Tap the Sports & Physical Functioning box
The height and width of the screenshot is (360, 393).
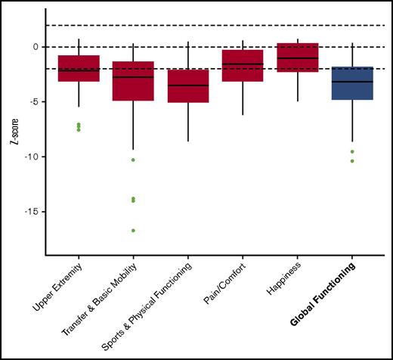188,85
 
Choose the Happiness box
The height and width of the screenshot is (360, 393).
298,57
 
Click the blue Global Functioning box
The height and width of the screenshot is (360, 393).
352,83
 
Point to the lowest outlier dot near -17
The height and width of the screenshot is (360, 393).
133,230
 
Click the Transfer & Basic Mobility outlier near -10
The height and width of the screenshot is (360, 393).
133,160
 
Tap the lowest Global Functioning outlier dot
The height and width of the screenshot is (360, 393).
352,160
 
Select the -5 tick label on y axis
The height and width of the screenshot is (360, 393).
33,101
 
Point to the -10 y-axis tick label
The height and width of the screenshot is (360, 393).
31,157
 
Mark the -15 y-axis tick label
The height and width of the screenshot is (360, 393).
31,212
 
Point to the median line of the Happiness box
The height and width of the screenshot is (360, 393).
298,58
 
